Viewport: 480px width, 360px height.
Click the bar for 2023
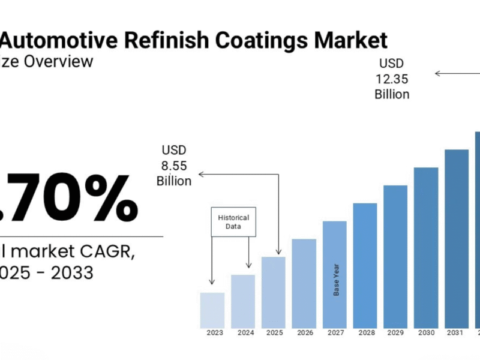pyautogui.click(x=212, y=310)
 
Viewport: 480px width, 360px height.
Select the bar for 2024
pyautogui.click(x=243, y=301)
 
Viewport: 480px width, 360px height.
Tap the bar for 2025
pyautogui.click(x=274, y=292)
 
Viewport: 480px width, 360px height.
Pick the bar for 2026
pyautogui.click(x=304, y=283)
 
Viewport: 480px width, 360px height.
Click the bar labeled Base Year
pyautogui.click(x=335, y=274)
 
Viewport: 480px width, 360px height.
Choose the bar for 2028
pyautogui.click(x=365, y=265)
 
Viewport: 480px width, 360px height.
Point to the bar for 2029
pyautogui.click(x=395, y=256)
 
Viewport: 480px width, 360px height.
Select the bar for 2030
pyautogui.click(x=426, y=247)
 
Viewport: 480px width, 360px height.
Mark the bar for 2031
pyautogui.click(x=457, y=238)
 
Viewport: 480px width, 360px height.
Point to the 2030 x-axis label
pyautogui.click(x=426, y=332)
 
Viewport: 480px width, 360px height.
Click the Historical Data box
pyautogui.click(x=233, y=221)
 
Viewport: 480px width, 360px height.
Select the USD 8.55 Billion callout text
pyautogui.click(x=174, y=165)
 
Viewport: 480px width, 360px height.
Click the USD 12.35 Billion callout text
pyautogui.click(x=392, y=79)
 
